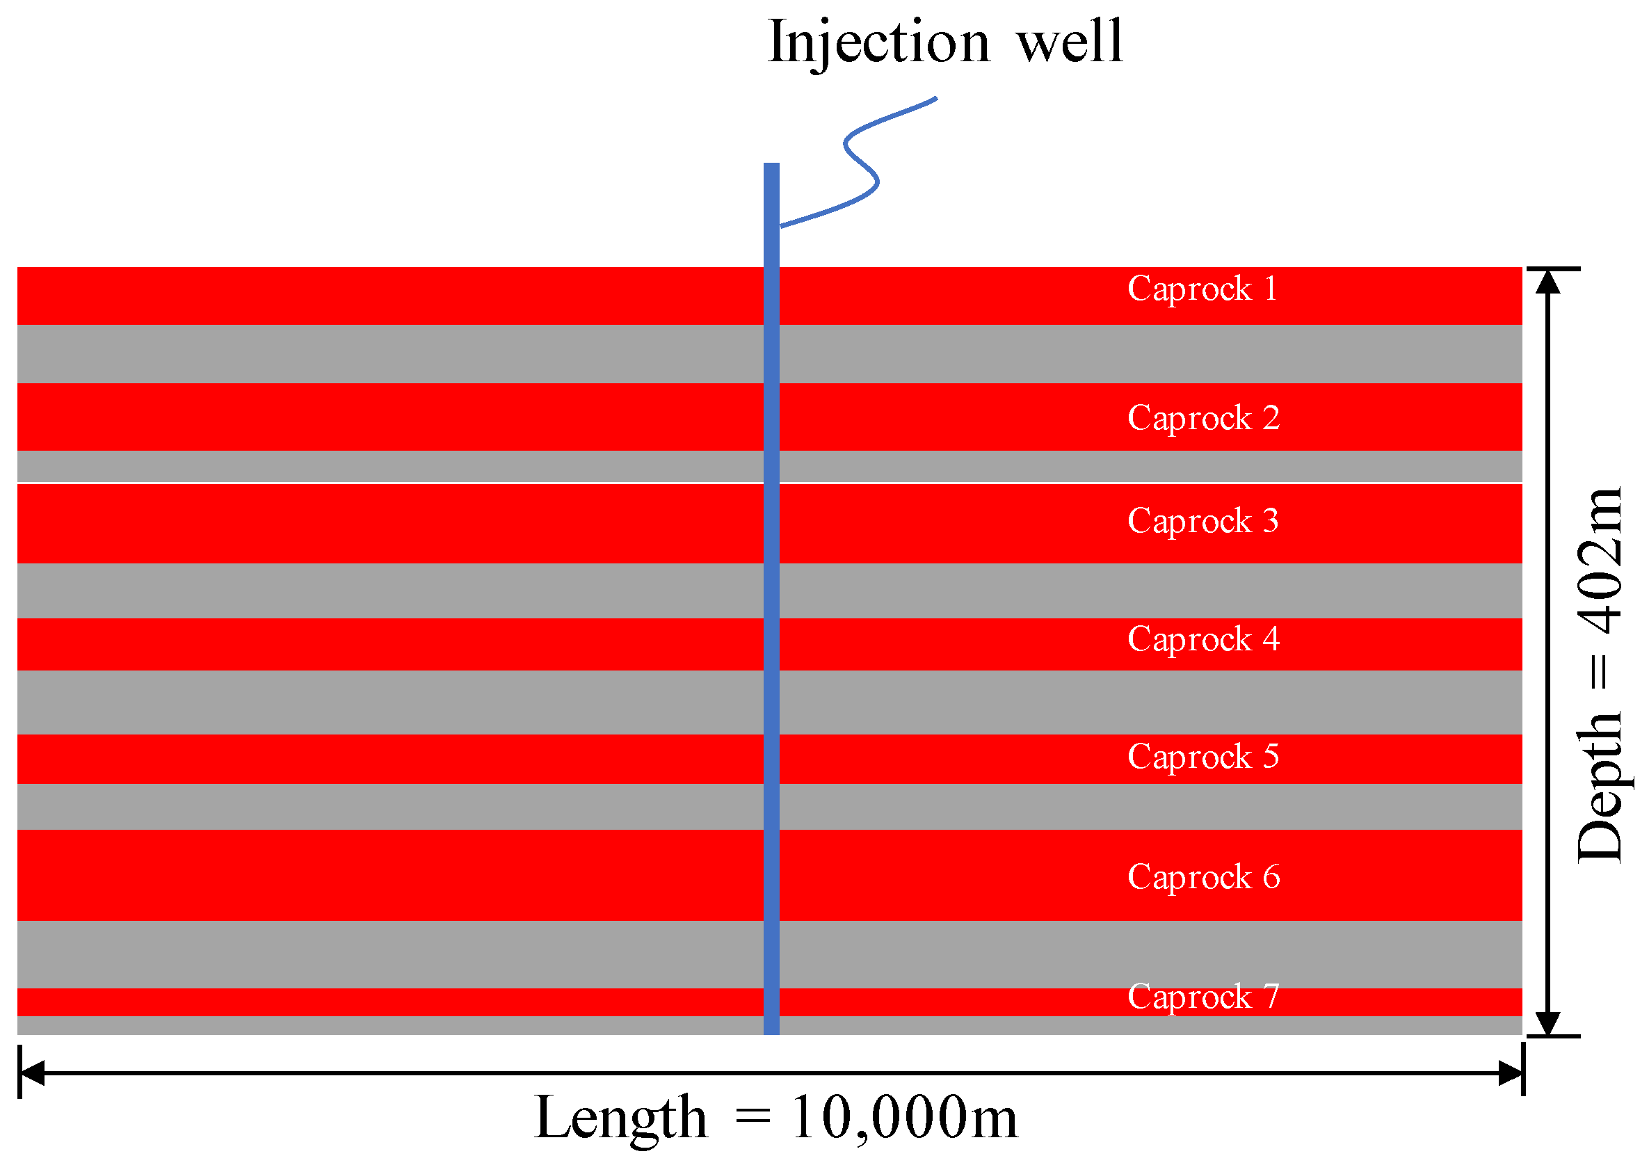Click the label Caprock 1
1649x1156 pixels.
click(1202, 289)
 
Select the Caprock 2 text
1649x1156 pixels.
click(1203, 419)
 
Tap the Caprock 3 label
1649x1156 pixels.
click(1203, 522)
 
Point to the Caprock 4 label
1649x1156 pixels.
click(1203, 640)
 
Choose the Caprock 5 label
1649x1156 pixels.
click(1203, 757)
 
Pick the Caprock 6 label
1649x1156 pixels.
click(1203, 878)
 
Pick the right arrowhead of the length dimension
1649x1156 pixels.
click(1511, 1073)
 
